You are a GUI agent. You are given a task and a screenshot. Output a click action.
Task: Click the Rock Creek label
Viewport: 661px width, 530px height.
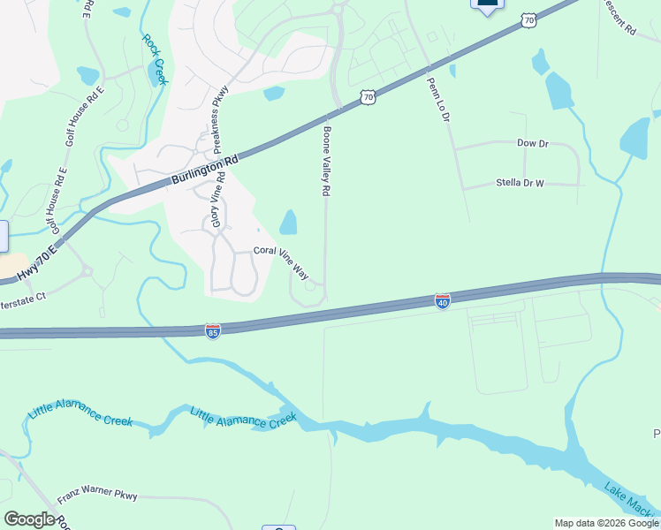click(x=155, y=60)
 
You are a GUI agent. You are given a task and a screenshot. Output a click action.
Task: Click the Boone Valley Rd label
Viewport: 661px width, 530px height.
click(x=326, y=160)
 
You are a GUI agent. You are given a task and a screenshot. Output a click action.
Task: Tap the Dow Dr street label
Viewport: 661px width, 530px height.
click(x=532, y=142)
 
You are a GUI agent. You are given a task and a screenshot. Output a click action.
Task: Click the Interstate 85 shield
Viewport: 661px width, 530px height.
click(x=212, y=330)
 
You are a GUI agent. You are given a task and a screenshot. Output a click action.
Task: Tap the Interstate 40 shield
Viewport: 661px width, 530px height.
click(x=443, y=301)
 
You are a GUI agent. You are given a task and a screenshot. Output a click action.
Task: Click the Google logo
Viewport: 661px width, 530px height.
click(x=29, y=519)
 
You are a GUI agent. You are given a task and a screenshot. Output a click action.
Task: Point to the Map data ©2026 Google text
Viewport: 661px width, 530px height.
click(x=606, y=523)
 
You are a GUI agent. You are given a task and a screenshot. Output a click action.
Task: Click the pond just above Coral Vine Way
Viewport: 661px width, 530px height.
click(x=288, y=222)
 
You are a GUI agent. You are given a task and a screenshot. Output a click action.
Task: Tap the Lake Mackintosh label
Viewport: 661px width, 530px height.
click(x=631, y=500)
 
